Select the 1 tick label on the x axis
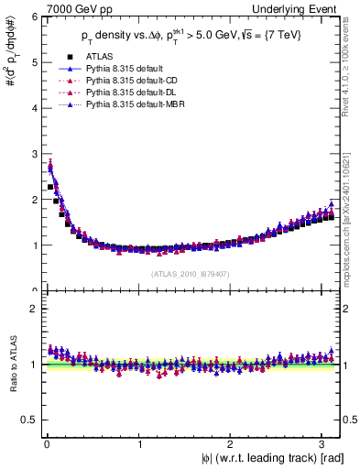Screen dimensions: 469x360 pyautogui.click(x=139, y=444)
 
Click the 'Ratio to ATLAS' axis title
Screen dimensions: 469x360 pyautogui.click(x=10, y=365)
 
